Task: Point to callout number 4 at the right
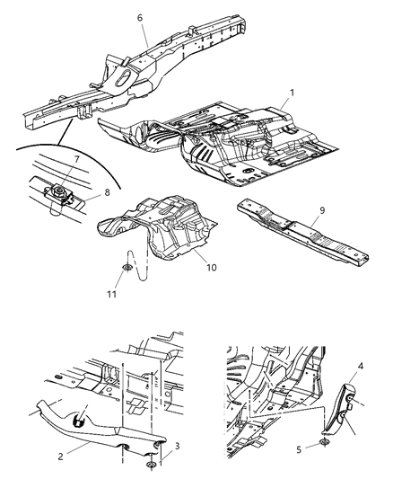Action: click(359, 366)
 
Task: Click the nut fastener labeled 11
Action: click(126, 267)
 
